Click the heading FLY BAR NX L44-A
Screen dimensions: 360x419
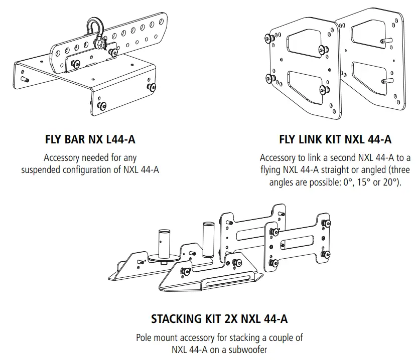90,139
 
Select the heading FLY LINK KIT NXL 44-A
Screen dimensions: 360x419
335,139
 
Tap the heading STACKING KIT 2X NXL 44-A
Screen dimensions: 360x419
219,318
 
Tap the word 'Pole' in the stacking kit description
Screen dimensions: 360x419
145,337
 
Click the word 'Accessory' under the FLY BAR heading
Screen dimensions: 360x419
63,157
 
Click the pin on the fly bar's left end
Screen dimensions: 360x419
25,79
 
